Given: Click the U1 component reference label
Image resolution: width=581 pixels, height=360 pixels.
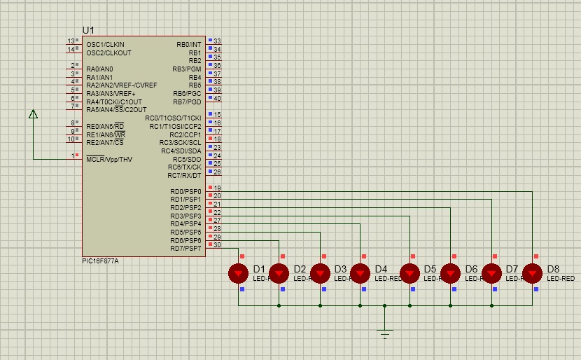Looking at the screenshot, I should pyautogui.click(x=88, y=30).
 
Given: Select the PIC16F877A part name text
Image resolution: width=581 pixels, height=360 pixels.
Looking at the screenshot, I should pyautogui.click(x=100, y=261).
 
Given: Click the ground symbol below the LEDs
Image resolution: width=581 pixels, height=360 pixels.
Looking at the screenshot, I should pyautogui.click(x=384, y=333).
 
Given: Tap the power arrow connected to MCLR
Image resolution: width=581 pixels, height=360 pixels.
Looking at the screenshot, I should pyautogui.click(x=33, y=114).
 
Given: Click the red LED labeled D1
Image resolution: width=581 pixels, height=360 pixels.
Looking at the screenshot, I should pyautogui.click(x=239, y=273).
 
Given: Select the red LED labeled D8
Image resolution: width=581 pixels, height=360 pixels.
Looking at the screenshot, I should pyautogui.click(x=533, y=273).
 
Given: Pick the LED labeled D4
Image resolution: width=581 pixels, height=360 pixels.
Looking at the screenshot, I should pyautogui.click(x=360, y=273).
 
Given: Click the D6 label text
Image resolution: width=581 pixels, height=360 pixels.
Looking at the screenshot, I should pyautogui.click(x=471, y=269).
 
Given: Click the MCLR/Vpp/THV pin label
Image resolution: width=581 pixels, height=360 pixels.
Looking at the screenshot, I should pyautogui.click(x=109, y=159).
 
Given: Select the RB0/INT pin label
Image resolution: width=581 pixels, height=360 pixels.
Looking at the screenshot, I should pyautogui.click(x=189, y=45).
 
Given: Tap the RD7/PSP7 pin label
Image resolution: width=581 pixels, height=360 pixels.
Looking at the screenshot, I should pyautogui.click(x=185, y=248).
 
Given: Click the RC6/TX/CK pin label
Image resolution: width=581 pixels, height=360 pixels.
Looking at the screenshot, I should pyautogui.click(x=184, y=167).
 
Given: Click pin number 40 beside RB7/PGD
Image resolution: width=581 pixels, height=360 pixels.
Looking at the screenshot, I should pyautogui.click(x=217, y=99).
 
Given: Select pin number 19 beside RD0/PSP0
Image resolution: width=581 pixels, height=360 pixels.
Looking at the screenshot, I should pyautogui.click(x=217, y=188).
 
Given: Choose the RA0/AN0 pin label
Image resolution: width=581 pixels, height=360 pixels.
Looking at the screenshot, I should pyautogui.click(x=100, y=69).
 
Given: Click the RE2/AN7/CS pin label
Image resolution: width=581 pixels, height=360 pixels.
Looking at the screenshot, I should pyautogui.click(x=105, y=143).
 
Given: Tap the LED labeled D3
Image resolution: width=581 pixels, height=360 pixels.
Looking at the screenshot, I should pyautogui.click(x=320, y=273).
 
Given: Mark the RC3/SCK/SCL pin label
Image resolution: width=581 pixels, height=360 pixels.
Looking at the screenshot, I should pyautogui.click(x=181, y=143).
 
